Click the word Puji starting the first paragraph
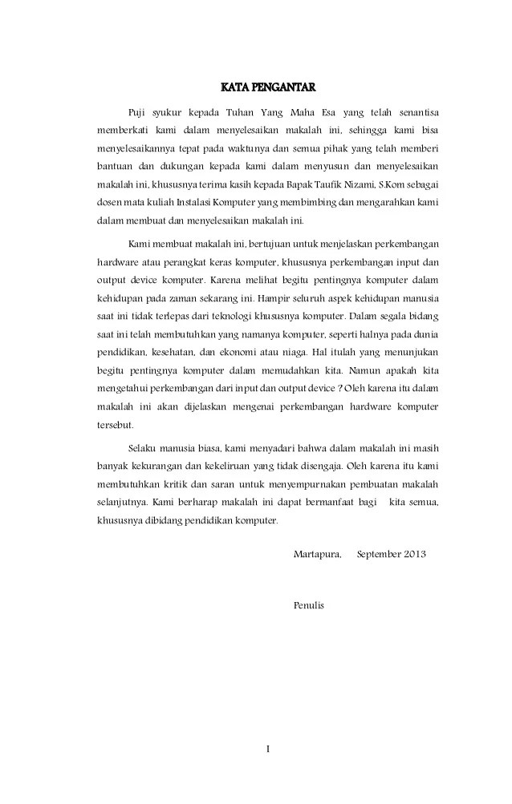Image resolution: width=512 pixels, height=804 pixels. [138, 110]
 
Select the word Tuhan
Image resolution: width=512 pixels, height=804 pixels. [235, 110]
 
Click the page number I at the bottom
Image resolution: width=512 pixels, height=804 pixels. [268, 750]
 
